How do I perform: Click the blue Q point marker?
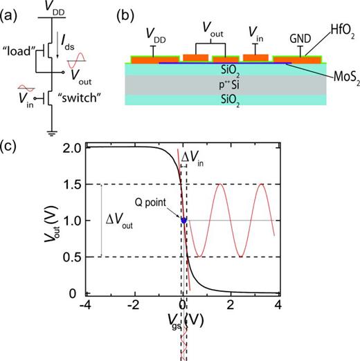point(183,220)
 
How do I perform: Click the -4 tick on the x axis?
point(85,305)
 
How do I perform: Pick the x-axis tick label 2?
point(230,305)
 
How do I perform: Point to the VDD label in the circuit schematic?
point(51,8)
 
